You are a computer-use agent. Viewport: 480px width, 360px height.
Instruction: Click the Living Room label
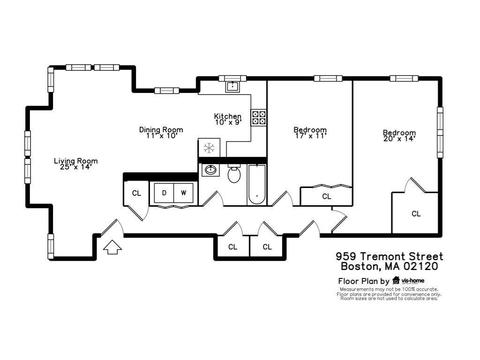click(76, 161)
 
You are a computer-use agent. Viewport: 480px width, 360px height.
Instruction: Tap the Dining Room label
click(161, 129)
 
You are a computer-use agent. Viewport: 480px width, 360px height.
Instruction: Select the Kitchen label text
click(228, 116)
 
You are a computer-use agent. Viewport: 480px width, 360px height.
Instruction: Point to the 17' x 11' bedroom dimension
click(310, 135)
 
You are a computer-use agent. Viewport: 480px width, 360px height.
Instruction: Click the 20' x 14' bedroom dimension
click(399, 138)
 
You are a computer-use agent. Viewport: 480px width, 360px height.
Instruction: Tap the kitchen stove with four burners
click(259, 118)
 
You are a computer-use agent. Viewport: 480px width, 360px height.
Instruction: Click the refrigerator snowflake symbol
click(209, 148)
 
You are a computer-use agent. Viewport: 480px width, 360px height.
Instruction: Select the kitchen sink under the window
click(233, 86)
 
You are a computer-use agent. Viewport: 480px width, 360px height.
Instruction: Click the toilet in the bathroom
click(234, 173)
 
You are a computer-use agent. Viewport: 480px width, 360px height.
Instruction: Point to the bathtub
click(256, 185)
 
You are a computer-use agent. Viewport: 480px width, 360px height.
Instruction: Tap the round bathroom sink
click(210, 170)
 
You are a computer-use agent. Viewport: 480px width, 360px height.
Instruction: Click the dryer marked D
click(164, 193)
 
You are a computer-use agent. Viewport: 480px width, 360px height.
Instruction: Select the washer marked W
click(183, 193)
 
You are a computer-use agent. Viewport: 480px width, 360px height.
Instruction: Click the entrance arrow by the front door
click(112, 247)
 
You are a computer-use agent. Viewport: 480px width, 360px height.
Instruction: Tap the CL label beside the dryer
click(136, 193)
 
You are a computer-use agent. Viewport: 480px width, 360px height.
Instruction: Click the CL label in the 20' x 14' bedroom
click(416, 214)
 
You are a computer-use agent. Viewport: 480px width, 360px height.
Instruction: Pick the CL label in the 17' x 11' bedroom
click(327, 196)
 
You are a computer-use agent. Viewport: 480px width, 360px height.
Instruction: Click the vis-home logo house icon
click(396, 280)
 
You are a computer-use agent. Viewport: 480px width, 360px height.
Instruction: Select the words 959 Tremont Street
click(390, 256)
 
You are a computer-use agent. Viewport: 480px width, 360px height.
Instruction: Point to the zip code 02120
click(420, 266)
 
